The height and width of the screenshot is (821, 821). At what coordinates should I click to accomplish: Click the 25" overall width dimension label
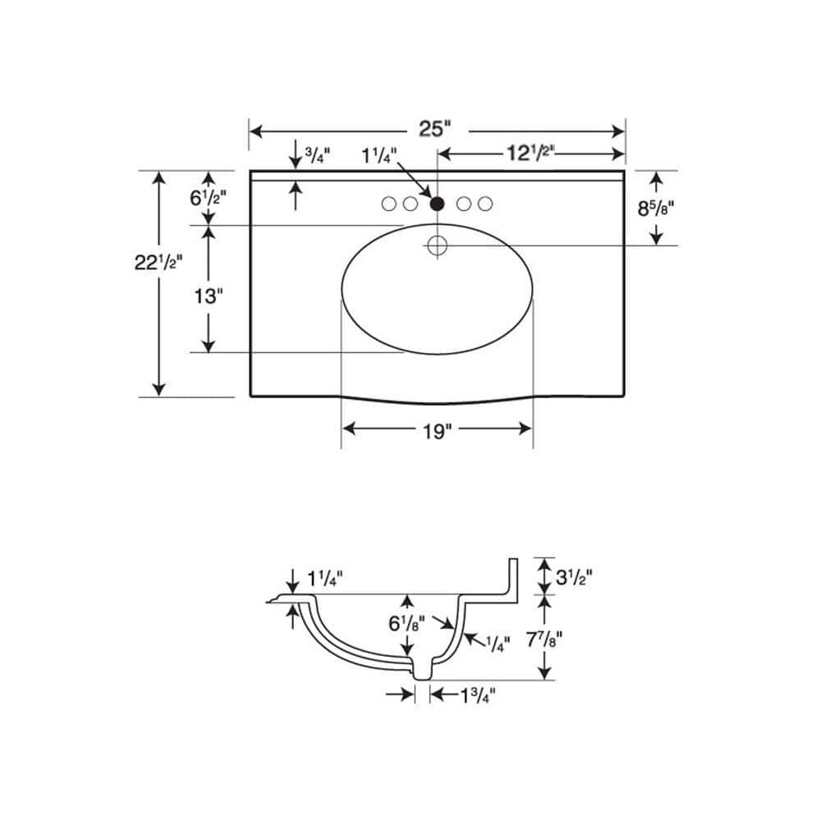tap(434, 128)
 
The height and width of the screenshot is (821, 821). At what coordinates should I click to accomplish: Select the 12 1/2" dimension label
tap(530, 153)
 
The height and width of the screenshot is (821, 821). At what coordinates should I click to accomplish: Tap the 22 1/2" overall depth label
tap(158, 262)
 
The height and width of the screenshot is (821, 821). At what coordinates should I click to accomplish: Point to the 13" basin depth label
tap(209, 296)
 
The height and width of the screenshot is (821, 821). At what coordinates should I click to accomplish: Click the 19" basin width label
tap(437, 432)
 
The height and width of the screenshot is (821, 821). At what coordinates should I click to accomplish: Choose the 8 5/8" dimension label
tap(655, 209)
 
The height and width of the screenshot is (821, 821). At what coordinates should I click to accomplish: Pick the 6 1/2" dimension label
tap(208, 198)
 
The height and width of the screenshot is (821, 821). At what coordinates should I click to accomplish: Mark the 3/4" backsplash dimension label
tap(318, 155)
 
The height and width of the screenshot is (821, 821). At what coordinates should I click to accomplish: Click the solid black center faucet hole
tap(438, 203)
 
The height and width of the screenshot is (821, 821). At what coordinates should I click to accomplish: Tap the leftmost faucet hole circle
tap(388, 204)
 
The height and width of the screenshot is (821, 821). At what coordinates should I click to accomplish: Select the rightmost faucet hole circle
tap(485, 204)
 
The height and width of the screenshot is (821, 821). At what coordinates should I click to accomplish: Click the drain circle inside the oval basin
tap(438, 245)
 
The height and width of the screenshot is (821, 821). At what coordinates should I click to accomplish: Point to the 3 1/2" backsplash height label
tap(574, 577)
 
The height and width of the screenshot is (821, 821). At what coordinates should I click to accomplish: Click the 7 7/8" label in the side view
tap(544, 640)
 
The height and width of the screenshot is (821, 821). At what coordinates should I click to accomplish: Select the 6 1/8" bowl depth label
tap(406, 623)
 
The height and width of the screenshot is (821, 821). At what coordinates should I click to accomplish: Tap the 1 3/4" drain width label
tap(478, 696)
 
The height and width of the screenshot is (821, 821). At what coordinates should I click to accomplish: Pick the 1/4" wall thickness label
tap(498, 644)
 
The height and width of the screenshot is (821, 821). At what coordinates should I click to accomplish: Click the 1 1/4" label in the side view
tap(324, 579)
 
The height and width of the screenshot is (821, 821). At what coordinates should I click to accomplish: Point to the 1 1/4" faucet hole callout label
tap(379, 155)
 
